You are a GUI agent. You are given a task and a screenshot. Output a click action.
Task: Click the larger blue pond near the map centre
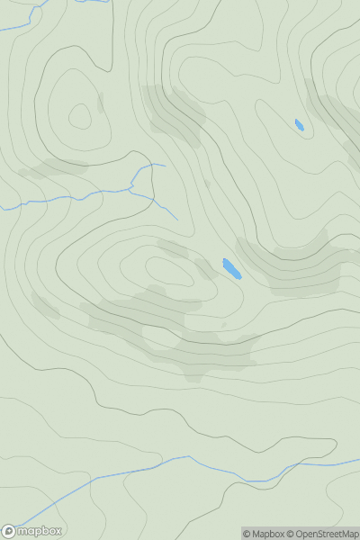click(231, 268)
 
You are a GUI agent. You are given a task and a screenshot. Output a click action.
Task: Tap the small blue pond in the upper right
click(300, 125)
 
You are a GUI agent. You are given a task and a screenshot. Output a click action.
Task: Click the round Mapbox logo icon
click(9, 531)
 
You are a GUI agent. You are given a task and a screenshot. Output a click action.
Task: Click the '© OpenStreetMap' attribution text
click(327, 534)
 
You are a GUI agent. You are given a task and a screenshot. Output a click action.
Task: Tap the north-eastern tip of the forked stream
click(164, 165)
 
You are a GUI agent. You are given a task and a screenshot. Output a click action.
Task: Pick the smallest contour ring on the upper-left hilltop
click(80, 116)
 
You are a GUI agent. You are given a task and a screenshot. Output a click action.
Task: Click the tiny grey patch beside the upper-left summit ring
click(100, 101)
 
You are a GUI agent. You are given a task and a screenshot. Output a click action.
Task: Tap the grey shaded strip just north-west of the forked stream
click(54, 168)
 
